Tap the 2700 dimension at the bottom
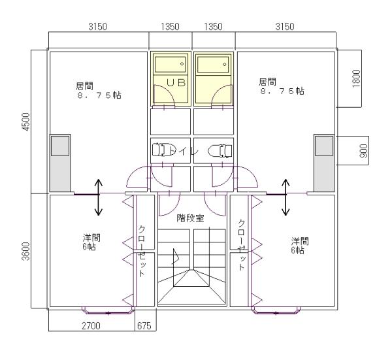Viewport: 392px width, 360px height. (x=90, y=325)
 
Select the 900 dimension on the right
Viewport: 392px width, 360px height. (x=364, y=151)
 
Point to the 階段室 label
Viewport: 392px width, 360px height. (x=190, y=218)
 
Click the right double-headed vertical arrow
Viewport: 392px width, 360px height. (x=286, y=198)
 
